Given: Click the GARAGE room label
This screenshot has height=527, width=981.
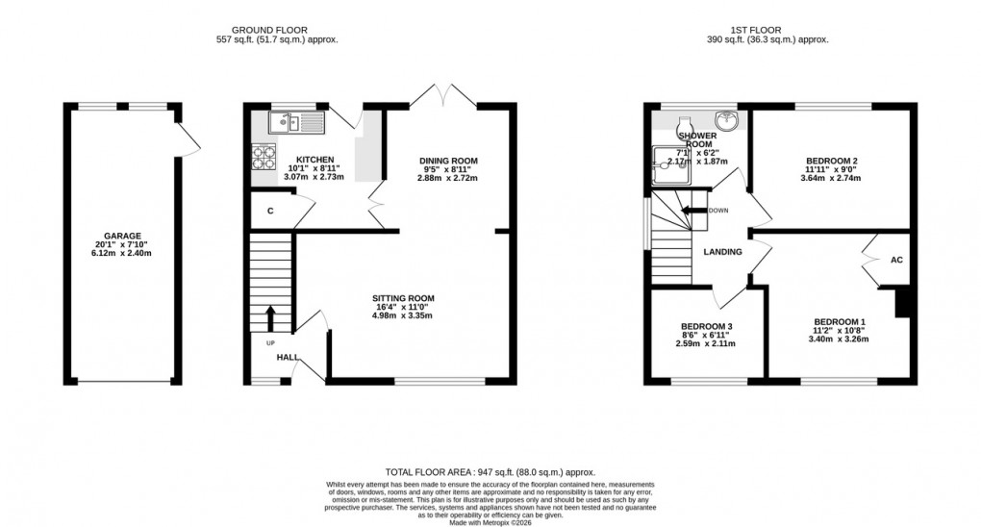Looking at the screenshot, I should pos(122,236).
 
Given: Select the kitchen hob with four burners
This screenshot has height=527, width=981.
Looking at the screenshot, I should pos(263,157).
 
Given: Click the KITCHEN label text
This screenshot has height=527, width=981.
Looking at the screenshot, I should pos(314,160).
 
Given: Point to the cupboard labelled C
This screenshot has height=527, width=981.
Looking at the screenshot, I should pos(271,211).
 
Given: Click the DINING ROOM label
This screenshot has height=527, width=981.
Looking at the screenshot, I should pos(447,161).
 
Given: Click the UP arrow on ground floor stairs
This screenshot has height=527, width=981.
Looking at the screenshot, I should pos(269,316).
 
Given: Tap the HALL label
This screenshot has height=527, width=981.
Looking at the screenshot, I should pos(287,358).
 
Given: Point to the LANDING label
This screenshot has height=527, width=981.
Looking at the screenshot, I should pos(722,252).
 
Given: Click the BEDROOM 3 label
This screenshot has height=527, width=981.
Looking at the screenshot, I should pos(705,326).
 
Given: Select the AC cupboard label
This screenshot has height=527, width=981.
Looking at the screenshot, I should pos(896,261).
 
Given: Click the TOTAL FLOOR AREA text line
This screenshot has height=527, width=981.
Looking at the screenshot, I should pos(490,472).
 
